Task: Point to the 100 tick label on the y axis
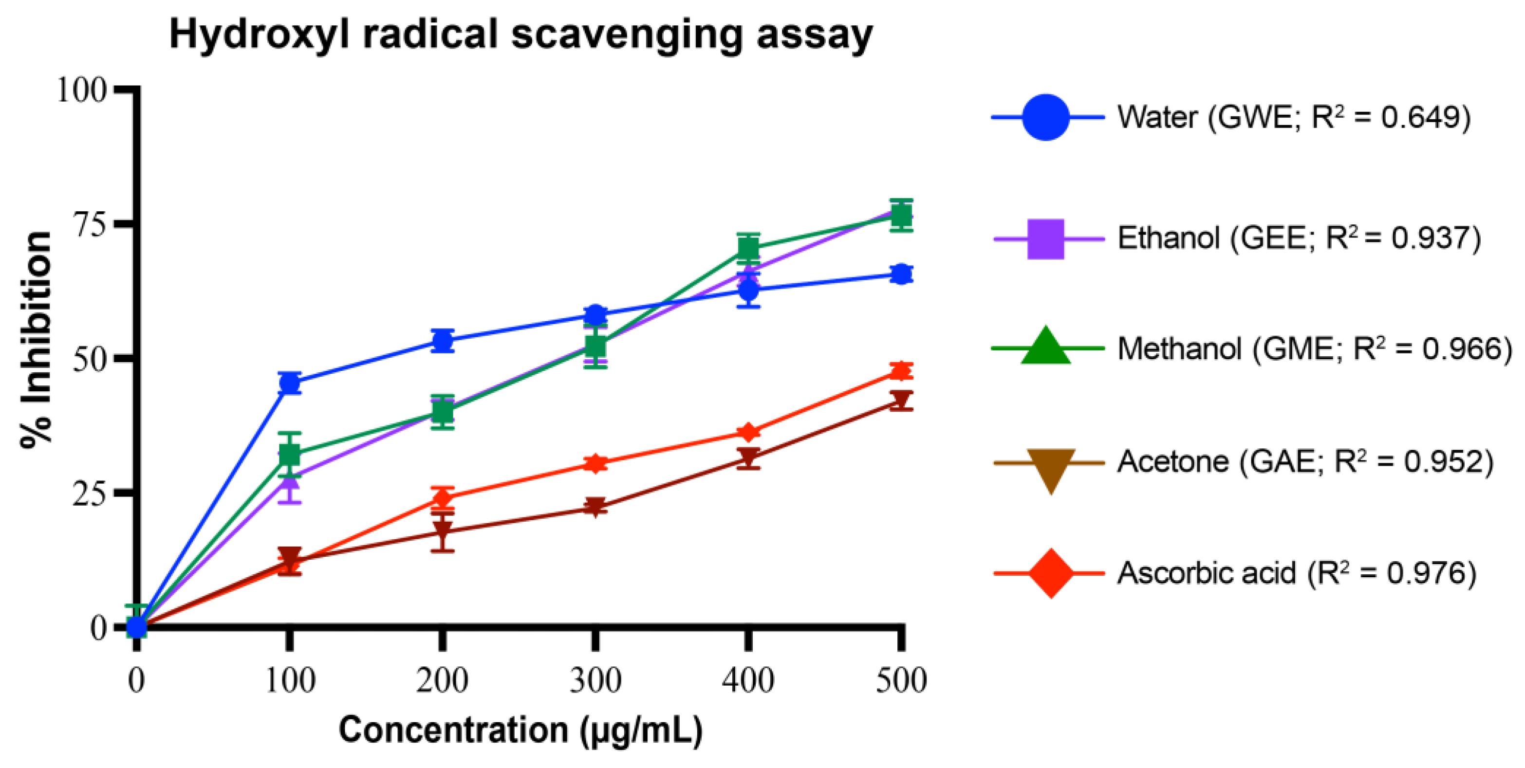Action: [81, 91]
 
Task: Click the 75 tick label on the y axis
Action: [89, 224]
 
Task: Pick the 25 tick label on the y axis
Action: [89, 493]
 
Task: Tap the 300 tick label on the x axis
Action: [595, 680]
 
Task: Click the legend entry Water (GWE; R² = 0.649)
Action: [1294, 117]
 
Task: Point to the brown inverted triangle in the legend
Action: [1050, 467]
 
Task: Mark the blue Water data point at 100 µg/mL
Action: [290, 384]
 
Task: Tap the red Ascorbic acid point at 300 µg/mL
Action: [595, 463]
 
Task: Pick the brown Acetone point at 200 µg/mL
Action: [443, 530]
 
